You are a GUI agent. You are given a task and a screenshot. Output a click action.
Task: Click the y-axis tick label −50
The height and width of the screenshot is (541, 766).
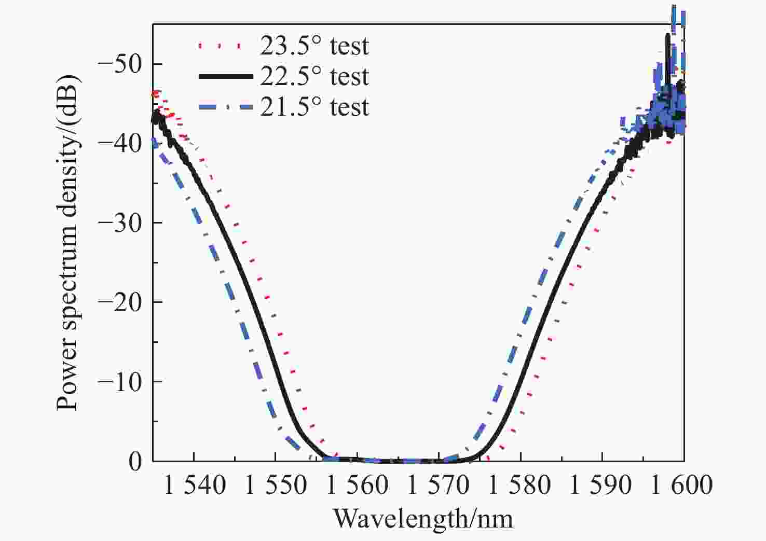(x=120, y=64)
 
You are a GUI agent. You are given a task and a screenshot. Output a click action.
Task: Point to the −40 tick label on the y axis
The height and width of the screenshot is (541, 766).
(x=120, y=144)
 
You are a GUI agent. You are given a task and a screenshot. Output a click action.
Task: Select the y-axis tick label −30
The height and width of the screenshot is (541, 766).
(x=120, y=223)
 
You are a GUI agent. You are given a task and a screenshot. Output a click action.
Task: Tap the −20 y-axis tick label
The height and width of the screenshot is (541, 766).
(x=120, y=302)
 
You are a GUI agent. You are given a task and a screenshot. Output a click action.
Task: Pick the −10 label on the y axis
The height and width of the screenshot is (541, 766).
(x=120, y=381)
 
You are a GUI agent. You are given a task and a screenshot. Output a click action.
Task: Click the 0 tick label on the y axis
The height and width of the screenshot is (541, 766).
(x=135, y=461)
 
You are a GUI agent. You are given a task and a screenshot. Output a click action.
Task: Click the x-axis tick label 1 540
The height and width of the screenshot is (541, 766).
(x=195, y=485)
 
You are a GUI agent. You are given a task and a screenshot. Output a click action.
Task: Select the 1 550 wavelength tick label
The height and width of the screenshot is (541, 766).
(x=276, y=485)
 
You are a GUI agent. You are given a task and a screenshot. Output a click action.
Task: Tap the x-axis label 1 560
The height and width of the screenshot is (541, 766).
(x=358, y=485)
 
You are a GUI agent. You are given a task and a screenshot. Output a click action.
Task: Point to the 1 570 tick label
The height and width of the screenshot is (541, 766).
(x=439, y=485)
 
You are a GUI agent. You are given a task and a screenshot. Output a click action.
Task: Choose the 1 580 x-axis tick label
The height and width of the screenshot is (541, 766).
(x=520, y=485)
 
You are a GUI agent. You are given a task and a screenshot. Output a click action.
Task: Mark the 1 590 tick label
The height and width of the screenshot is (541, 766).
(x=601, y=485)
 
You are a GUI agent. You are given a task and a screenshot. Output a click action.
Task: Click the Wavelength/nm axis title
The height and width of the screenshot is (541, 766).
(x=423, y=519)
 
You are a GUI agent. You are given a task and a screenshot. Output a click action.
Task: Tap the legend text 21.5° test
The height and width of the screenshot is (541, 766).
(x=314, y=107)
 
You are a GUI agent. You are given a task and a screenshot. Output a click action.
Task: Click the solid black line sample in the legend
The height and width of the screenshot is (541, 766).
(x=226, y=77)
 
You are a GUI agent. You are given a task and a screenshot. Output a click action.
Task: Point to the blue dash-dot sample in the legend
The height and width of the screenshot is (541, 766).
(x=226, y=107)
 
